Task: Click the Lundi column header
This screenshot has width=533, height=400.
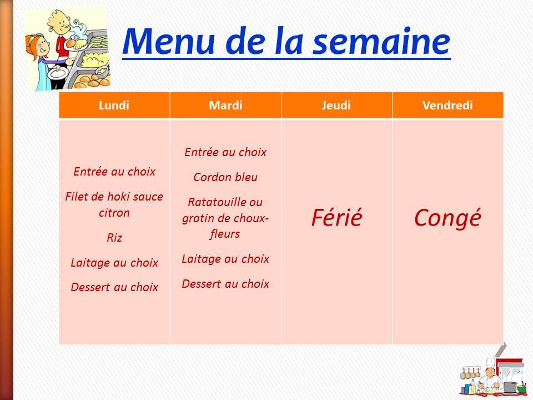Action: coord(114,105)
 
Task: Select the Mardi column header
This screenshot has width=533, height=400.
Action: coord(225,105)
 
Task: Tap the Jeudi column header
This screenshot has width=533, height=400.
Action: coord(336,105)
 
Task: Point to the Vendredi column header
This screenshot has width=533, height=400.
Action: coord(447,105)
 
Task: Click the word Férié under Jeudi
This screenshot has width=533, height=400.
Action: coord(336,217)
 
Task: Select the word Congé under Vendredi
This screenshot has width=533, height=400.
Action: coord(447,218)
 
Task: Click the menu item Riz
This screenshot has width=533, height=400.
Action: coord(114,237)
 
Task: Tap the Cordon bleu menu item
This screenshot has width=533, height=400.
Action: coord(225,177)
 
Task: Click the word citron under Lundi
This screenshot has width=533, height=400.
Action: coord(114,213)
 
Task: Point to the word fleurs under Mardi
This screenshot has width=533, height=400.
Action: coord(225,234)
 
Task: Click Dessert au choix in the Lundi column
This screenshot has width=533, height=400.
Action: coord(114,287)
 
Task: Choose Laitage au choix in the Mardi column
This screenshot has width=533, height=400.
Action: coord(225,259)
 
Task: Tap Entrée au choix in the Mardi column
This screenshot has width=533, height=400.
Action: coord(225,152)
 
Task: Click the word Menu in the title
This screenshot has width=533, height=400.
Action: coord(169,42)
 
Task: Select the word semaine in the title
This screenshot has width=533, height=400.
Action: coord(381,42)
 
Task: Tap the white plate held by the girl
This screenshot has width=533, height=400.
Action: coord(57,72)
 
